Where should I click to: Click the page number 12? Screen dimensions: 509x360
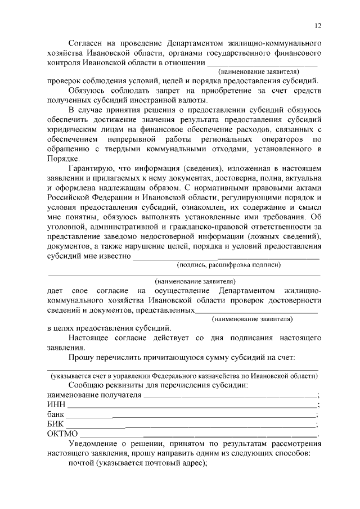point(318,26)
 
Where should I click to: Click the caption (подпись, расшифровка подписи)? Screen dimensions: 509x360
point(228,264)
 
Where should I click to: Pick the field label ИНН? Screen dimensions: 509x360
point(56,404)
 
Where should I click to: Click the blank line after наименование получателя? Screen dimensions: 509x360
point(230,396)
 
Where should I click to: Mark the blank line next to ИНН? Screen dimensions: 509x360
point(191,406)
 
